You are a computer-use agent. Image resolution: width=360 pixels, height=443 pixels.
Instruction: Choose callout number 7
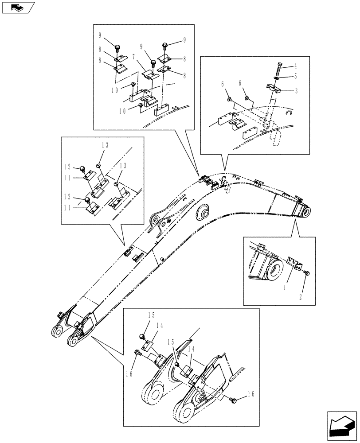(x=133, y=57)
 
